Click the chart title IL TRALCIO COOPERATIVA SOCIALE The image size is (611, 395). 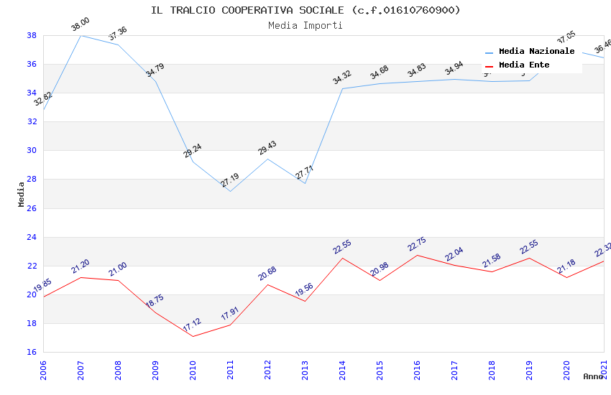[x=305, y=10]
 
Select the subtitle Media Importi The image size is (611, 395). [x=305, y=25]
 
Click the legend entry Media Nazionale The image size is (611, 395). [x=536, y=52]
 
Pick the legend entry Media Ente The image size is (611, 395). [x=524, y=65]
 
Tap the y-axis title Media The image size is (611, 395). [x=22, y=194]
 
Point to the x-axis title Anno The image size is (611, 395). [x=593, y=376]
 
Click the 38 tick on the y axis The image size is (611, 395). [x=32, y=35]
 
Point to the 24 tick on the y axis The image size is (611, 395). [x=32, y=237]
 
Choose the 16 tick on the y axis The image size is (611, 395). [x=32, y=352]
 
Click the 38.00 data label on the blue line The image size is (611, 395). [x=81, y=26]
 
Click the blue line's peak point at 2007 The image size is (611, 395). [x=81, y=35]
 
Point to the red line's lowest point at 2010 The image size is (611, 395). [x=193, y=336]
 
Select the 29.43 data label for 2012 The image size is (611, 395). [x=267, y=148]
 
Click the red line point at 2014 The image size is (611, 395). [x=342, y=258]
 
